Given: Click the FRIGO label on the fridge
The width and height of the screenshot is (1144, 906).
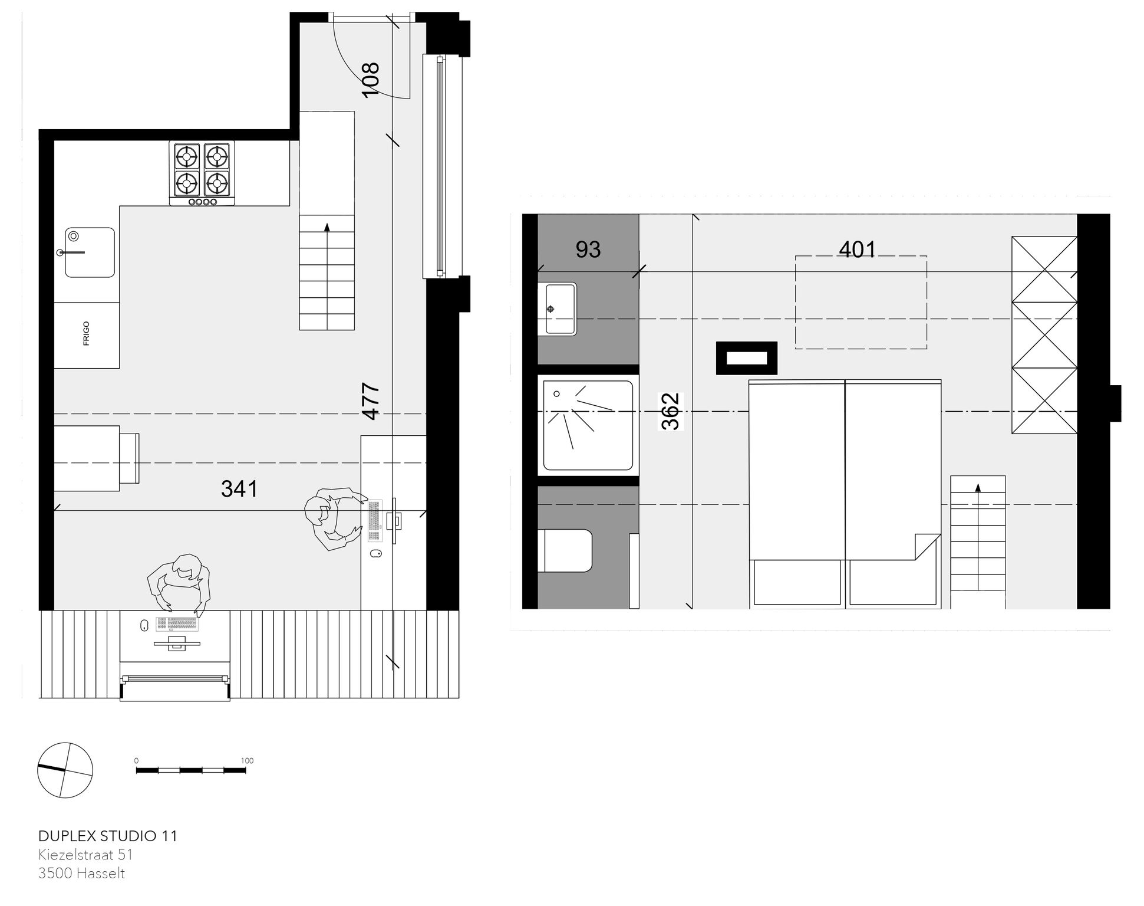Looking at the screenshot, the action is point(87,334).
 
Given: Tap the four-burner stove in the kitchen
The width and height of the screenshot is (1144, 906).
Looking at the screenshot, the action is point(202,173).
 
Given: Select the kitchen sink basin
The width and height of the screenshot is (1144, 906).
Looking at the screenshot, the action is point(90,252).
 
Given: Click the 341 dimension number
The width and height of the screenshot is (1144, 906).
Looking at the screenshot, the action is point(239,489).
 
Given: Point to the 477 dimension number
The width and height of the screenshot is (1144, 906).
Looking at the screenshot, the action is point(370,402).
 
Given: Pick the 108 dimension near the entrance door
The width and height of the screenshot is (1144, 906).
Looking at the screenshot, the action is point(370,80).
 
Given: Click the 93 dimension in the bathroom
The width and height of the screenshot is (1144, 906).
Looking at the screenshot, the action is point(588,250).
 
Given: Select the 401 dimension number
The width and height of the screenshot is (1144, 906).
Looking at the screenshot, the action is point(858,250).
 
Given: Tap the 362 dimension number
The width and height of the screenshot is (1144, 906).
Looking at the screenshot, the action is point(671,411).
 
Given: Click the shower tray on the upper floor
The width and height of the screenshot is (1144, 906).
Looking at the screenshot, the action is point(588,425).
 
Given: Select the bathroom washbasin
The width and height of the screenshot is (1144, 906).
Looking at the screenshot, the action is point(557,308).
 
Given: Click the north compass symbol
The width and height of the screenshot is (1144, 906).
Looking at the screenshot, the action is point(65,770).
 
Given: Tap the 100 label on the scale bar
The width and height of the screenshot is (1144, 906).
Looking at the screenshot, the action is point(248,761).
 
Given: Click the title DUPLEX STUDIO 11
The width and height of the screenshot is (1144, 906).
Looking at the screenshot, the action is point(108,836).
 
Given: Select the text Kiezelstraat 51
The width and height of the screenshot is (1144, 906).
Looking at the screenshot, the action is point(86,855).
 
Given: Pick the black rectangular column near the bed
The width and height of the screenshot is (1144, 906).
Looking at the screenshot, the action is point(747,358).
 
